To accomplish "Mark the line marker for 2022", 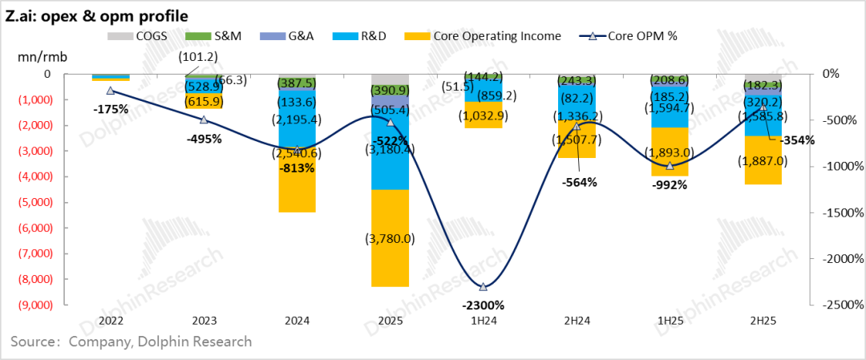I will coord(111,91).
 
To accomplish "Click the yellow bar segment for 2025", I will coord(391,237).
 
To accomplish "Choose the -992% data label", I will coord(669,184).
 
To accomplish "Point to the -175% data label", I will coord(111,109).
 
